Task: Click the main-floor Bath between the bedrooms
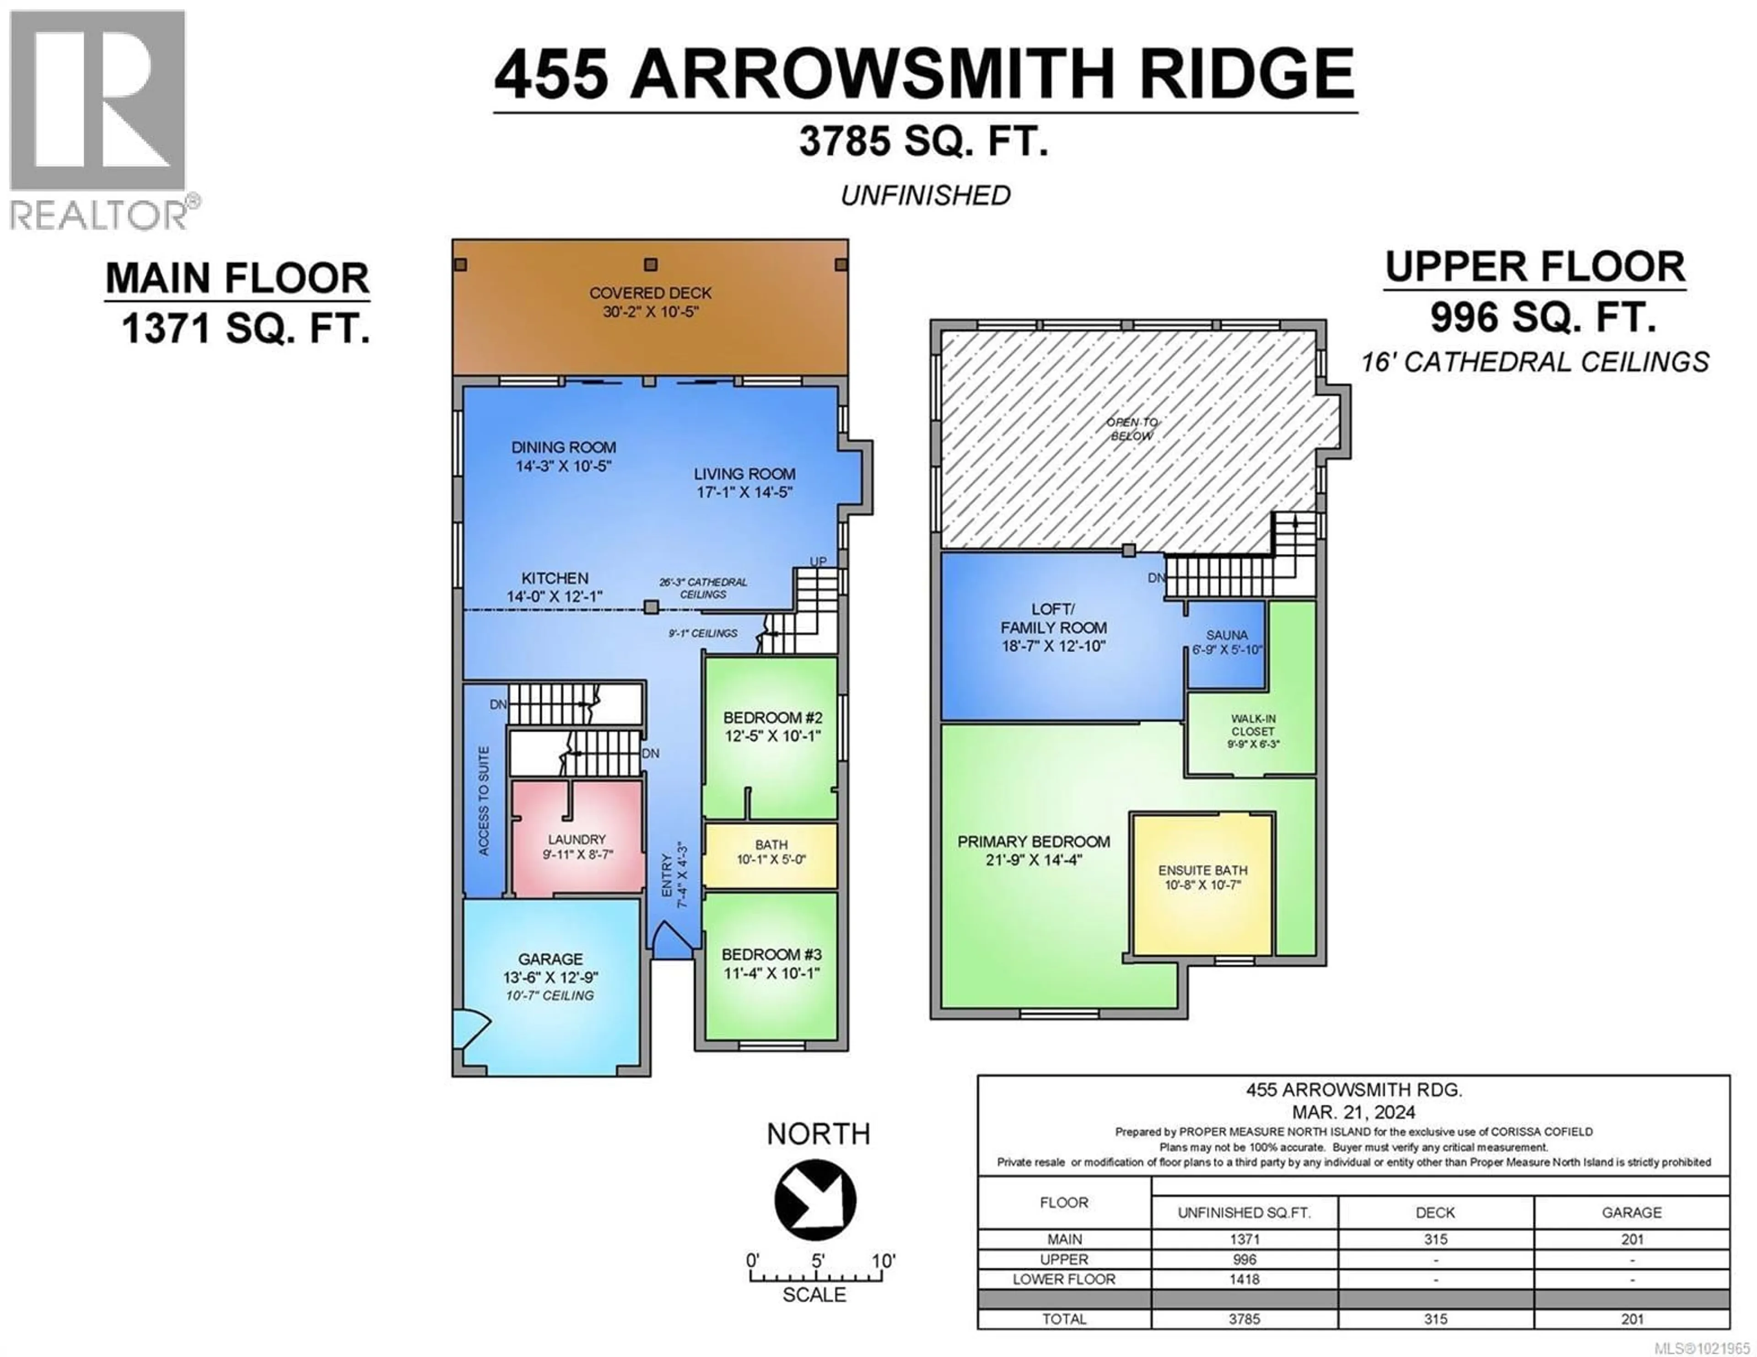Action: (771, 853)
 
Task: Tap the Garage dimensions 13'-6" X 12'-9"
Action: (550, 977)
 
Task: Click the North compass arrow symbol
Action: (815, 1199)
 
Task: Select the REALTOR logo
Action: (99, 121)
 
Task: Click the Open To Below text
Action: (1132, 429)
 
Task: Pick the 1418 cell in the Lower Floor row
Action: (1244, 1279)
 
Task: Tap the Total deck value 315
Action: (1435, 1319)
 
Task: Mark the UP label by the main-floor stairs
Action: (817, 562)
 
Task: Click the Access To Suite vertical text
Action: (484, 800)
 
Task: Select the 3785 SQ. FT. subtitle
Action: (923, 142)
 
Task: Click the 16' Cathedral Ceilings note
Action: (1534, 362)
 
